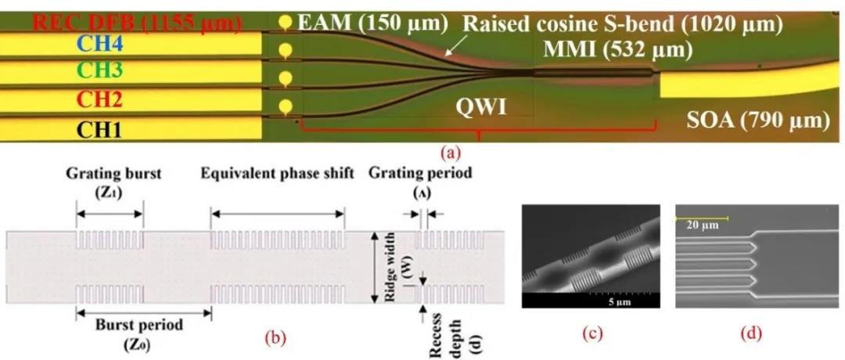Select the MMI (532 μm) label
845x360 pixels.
[x=617, y=51]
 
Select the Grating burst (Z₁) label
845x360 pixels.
[x=110, y=181]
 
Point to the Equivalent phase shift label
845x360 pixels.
[x=278, y=174]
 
